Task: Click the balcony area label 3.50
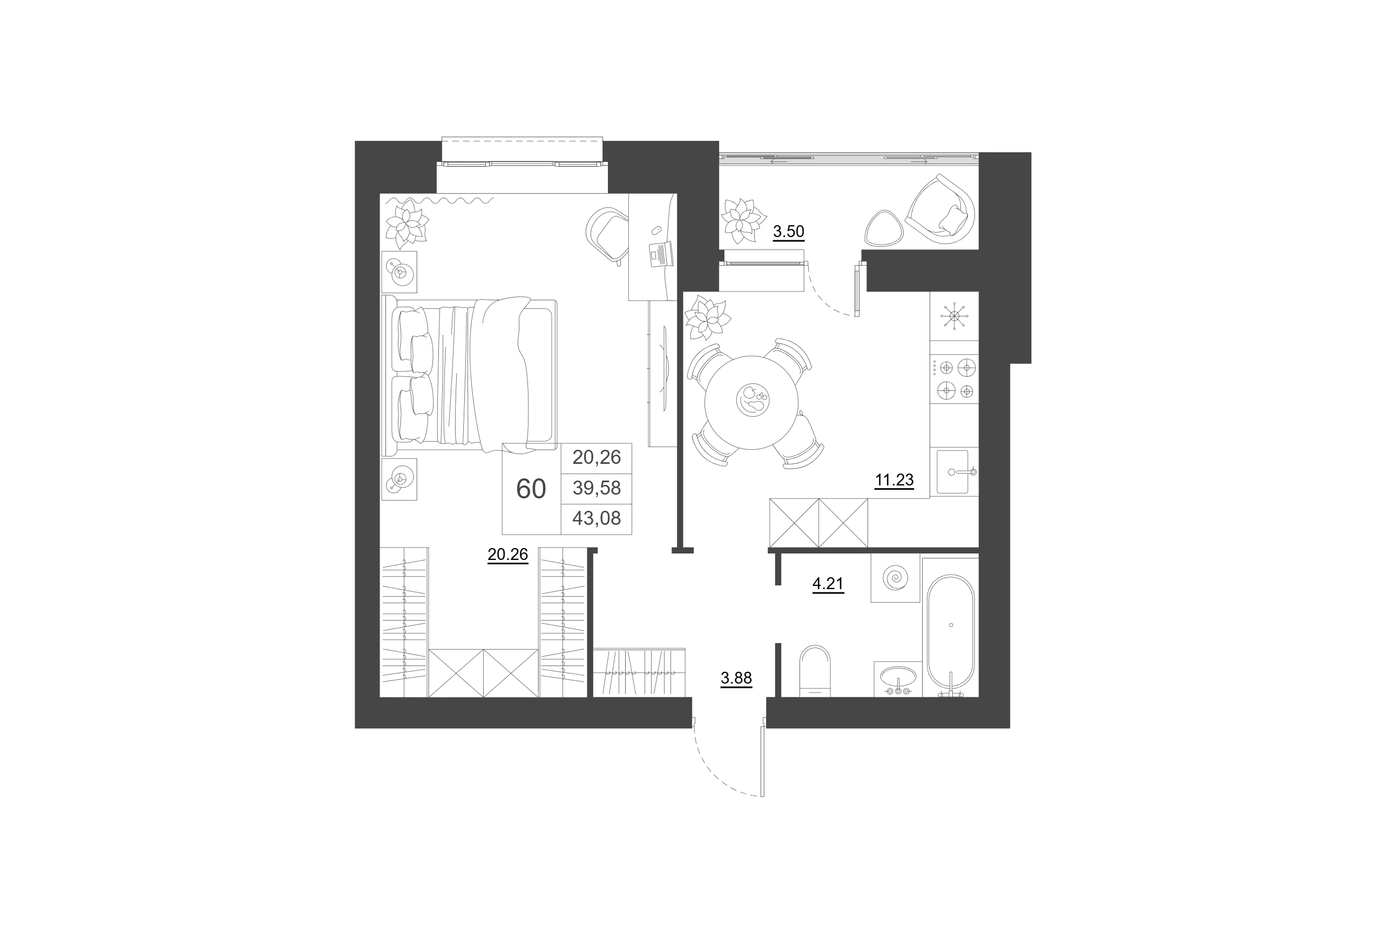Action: tap(788, 231)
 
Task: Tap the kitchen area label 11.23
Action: tap(893, 479)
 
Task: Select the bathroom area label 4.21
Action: tap(828, 584)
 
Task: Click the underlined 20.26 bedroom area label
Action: tap(507, 555)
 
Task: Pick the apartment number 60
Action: tap(531, 489)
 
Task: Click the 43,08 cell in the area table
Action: tap(597, 518)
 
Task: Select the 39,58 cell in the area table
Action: tap(597, 488)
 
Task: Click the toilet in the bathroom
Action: tap(815, 671)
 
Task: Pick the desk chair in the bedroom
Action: tap(607, 234)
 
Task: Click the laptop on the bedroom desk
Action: tap(661, 254)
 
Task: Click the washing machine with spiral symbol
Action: tap(895, 578)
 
